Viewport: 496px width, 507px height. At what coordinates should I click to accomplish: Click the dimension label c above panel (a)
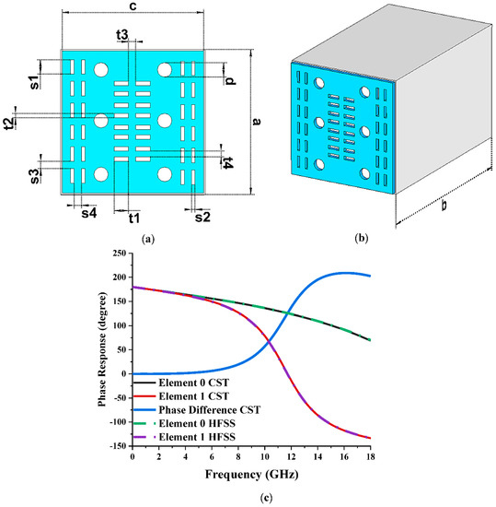click(135, 7)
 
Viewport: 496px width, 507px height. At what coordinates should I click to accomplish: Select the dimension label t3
click(123, 34)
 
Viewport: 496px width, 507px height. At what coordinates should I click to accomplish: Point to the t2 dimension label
click(10, 123)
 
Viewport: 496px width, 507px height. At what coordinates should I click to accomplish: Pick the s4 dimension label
click(88, 213)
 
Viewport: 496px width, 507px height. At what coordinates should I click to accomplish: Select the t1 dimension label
click(133, 218)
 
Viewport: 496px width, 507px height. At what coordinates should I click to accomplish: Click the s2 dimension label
click(202, 217)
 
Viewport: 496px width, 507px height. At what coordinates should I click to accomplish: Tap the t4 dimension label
click(227, 161)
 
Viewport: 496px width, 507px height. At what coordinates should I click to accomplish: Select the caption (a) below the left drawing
click(147, 238)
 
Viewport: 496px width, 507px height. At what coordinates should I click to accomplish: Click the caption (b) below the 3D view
click(362, 238)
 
